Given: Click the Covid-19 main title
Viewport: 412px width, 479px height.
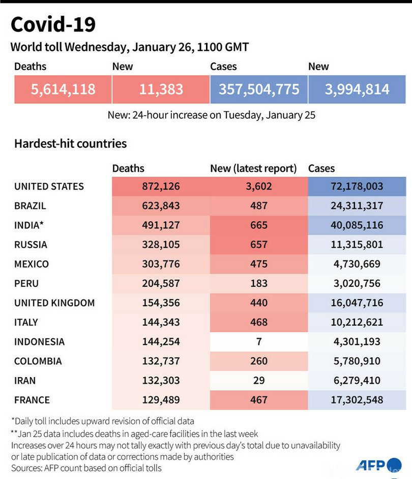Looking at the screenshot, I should (53, 24).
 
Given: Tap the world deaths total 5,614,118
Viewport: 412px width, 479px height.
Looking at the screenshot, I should (63, 89).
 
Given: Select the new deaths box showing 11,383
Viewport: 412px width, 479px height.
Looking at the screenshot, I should (161, 89).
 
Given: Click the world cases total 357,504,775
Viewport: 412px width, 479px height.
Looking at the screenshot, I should (259, 89).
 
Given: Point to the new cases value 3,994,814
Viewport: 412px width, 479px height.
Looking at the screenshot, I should (357, 89).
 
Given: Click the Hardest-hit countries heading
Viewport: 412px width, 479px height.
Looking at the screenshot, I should (70, 144).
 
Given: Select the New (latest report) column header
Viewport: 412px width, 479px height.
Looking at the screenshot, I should (253, 168).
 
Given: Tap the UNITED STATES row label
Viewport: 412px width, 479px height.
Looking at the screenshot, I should (49, 187).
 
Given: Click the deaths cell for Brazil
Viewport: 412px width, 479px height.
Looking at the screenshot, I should (161, 206).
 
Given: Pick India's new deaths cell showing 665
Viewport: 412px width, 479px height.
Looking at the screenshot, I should (259, 225).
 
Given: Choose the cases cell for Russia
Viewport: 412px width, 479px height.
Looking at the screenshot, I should (357, 245).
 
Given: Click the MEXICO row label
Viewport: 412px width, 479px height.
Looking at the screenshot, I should (32, 264).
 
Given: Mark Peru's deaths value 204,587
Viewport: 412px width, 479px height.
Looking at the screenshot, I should (161, 283).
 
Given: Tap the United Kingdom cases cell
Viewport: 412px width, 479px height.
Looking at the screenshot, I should (357, 303).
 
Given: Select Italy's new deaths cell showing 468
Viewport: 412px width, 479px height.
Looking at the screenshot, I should (259, 322).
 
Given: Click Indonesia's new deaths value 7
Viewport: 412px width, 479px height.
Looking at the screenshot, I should (259, 341).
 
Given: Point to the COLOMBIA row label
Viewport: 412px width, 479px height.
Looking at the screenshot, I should (38, 361).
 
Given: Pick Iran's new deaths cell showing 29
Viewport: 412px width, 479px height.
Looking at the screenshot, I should (259, 380).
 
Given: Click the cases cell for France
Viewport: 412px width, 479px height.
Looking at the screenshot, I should (357, 400).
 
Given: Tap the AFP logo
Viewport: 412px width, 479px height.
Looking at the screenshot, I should (371, 465).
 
